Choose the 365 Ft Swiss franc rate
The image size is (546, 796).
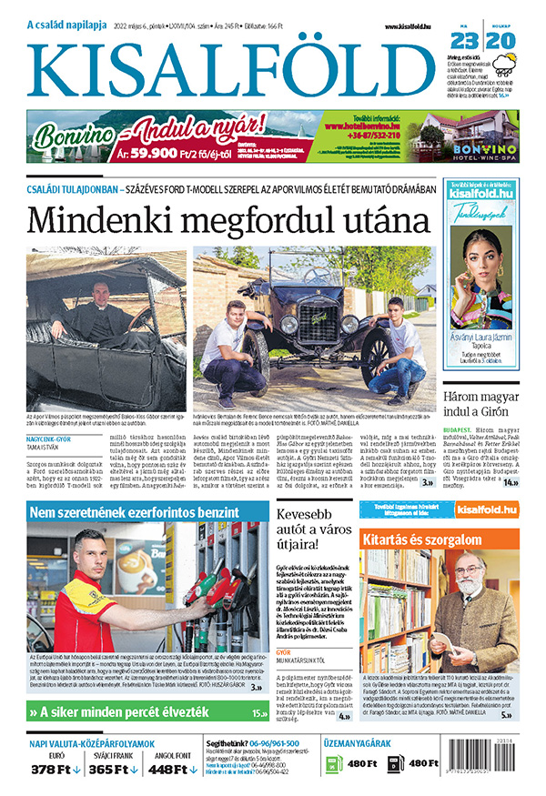tap(114, 770)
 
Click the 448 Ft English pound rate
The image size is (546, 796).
tap(173, 770)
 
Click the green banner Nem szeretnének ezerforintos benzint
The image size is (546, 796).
tap(135, 513)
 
